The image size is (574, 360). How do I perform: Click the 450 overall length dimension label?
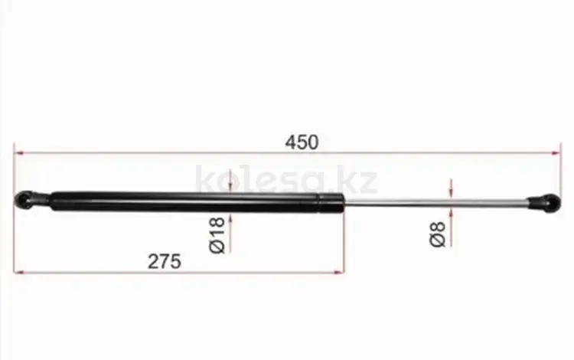pos(302,142)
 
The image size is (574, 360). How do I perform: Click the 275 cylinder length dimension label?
pos(165,261)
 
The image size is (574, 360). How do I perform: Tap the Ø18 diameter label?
pos(217,234)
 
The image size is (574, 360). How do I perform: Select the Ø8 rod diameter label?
pos(437,234)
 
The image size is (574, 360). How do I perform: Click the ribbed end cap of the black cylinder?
pos(331,203)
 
